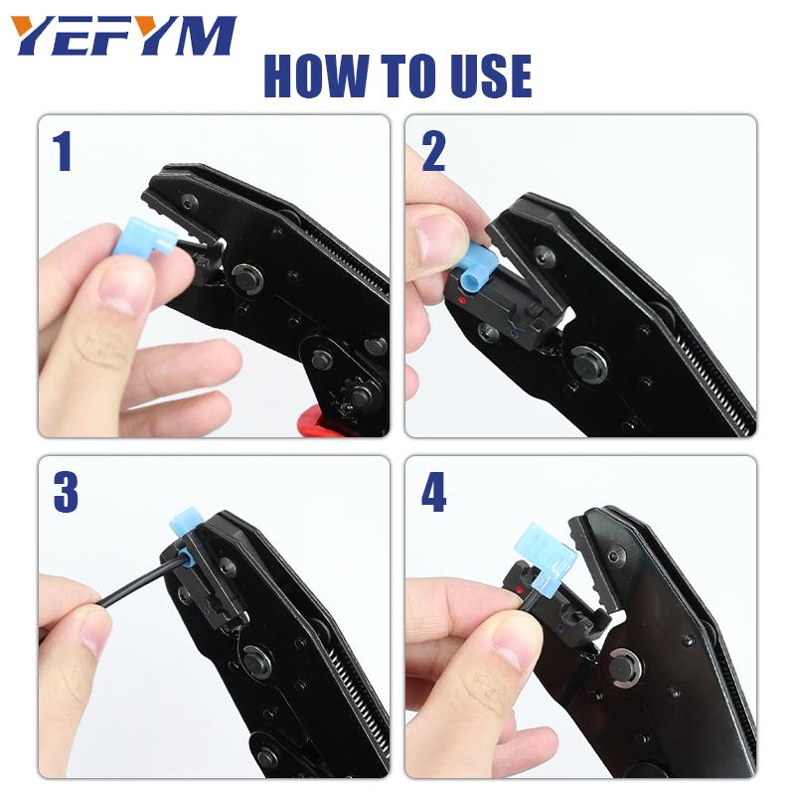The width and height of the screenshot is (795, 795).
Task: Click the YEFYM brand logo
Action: pyautogui.click(x=124, y=36)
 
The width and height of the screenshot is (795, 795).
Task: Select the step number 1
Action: pyautogui.click(x=63, y=152)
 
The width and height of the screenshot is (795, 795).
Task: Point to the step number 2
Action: pyautogui.click(x=434, y=152)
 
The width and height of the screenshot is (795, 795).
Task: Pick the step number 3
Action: pyautogui.click(x=66, y=491)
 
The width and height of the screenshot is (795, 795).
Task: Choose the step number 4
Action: pyautogui.click(x=434, y=491)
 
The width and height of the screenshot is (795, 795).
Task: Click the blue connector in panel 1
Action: pyautogui.click(x=143, y=237)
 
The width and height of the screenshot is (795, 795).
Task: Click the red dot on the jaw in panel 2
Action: pyautogui.click(x=461, y=301)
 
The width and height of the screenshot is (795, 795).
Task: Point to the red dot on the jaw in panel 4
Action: pyautogui.click(x=518, y=589)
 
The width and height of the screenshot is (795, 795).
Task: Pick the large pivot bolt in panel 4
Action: pyautogui.click(x=628, y=667)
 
